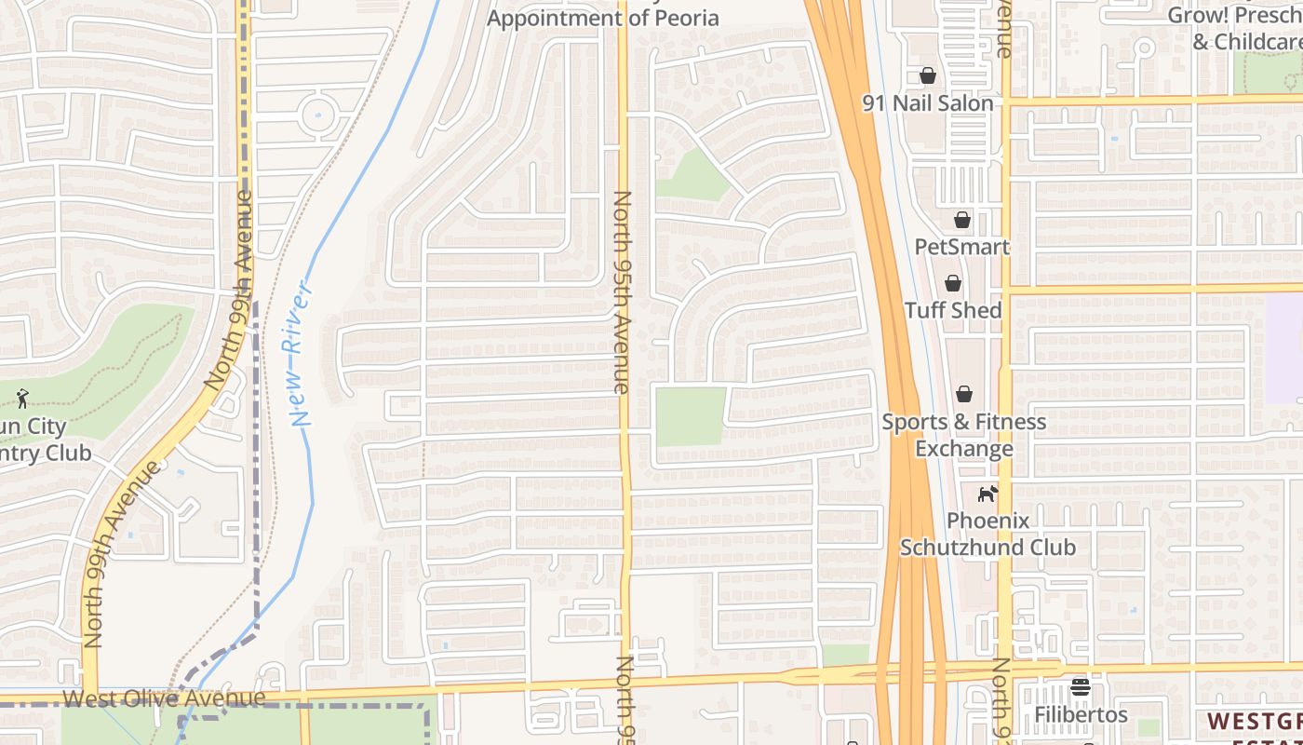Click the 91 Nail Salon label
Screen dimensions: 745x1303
click(x=928, y=103)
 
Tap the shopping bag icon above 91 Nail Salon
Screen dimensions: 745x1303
click(x=927, y=75)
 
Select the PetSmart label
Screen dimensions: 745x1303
click(x=961, y=247)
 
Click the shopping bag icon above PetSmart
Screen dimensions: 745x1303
click(x=961, y=220)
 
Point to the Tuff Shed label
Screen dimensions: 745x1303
click(x=953, y=310)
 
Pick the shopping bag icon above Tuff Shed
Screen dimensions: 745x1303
click(x=952, y=283)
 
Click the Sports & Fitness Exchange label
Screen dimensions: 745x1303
click(x=964, y=435)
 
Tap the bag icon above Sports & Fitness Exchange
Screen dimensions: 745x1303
click(x=964, y=394)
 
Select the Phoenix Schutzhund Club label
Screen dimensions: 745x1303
click(x=987, y=534)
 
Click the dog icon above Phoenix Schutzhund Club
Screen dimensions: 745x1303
click(x=987, y=494)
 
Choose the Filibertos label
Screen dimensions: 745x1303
click(x=1081, y=715)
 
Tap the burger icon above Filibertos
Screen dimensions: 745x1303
click(x=1081, y=688)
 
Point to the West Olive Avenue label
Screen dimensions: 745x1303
click(x=164, y=698)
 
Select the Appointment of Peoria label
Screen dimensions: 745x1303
click(x=602, y=18)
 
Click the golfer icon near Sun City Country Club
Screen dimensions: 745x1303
click(x=22, y=399)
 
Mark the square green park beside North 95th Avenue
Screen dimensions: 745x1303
click(x=690, y=416)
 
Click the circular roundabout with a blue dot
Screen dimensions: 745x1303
click(x=317, y=116)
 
